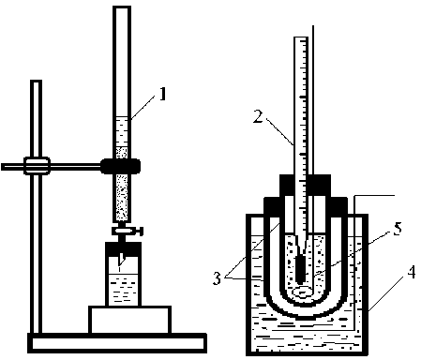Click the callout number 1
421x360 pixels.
162,94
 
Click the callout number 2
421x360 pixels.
258,116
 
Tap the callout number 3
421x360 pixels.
217,277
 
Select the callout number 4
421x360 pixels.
412,272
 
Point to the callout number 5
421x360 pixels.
398,229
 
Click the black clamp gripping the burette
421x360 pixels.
121,166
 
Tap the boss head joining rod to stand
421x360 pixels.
37,166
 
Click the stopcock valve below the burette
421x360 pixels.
128,231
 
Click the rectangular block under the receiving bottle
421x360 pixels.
129,320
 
